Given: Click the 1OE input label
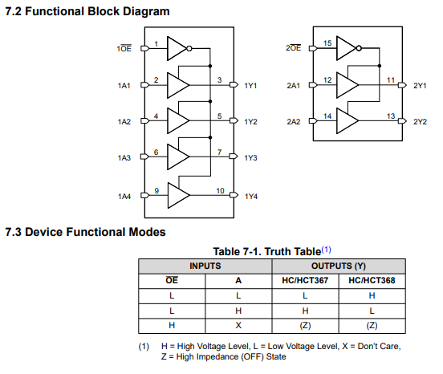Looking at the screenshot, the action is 124,48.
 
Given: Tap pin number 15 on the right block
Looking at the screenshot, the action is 327,43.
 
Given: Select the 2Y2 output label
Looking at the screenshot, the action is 420,122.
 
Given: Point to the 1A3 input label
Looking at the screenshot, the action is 124,157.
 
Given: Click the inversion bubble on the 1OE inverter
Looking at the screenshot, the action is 189,49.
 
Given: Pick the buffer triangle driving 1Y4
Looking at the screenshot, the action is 178,195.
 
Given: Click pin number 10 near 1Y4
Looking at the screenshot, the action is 221,191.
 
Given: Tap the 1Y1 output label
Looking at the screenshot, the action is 250,86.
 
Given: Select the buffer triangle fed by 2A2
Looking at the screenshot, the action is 347,121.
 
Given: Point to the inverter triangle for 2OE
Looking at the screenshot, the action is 346,48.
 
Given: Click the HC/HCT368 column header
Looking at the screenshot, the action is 372,280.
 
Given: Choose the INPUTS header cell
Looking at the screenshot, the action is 205,266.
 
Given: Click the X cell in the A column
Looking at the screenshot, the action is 238,325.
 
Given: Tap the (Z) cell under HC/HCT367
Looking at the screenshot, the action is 305,326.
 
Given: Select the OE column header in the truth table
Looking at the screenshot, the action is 172,280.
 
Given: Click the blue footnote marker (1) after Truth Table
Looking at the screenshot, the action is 327,250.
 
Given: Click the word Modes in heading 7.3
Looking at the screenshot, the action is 147,232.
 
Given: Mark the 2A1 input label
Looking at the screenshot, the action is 294,86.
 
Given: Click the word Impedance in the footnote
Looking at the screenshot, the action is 217,357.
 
